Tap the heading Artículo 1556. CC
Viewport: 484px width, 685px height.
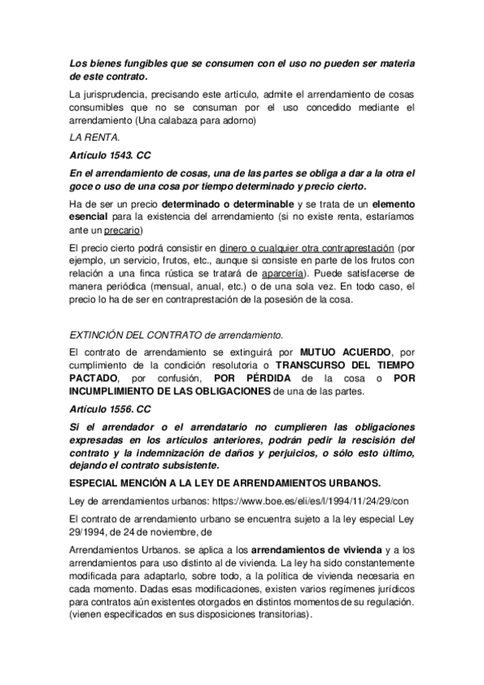[111, 410]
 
